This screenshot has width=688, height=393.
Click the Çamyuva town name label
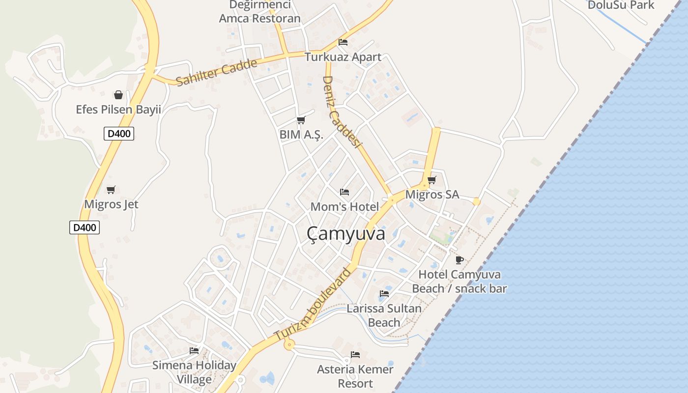346,234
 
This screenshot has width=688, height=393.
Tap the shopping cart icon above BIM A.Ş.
301,120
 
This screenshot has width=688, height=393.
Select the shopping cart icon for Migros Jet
111,190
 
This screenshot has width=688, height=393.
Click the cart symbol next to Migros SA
432,180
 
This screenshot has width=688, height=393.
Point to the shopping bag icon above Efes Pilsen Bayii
118,94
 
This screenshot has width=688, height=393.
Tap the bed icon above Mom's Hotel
344,192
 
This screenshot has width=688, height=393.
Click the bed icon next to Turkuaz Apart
343,42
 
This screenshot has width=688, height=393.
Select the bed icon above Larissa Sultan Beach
384,294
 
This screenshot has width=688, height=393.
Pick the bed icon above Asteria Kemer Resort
355,354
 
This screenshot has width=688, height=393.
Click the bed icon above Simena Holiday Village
194,350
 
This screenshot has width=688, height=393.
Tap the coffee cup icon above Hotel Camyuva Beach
459,259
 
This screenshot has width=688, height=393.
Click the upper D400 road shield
119,133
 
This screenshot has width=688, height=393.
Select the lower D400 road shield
85,227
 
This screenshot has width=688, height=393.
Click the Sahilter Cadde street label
216,73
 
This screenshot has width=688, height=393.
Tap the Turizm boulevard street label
313,305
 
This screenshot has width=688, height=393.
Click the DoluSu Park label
621,5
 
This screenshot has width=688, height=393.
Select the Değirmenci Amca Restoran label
259,12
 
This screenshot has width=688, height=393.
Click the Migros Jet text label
111,204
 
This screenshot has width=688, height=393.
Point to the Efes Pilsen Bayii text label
118,109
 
